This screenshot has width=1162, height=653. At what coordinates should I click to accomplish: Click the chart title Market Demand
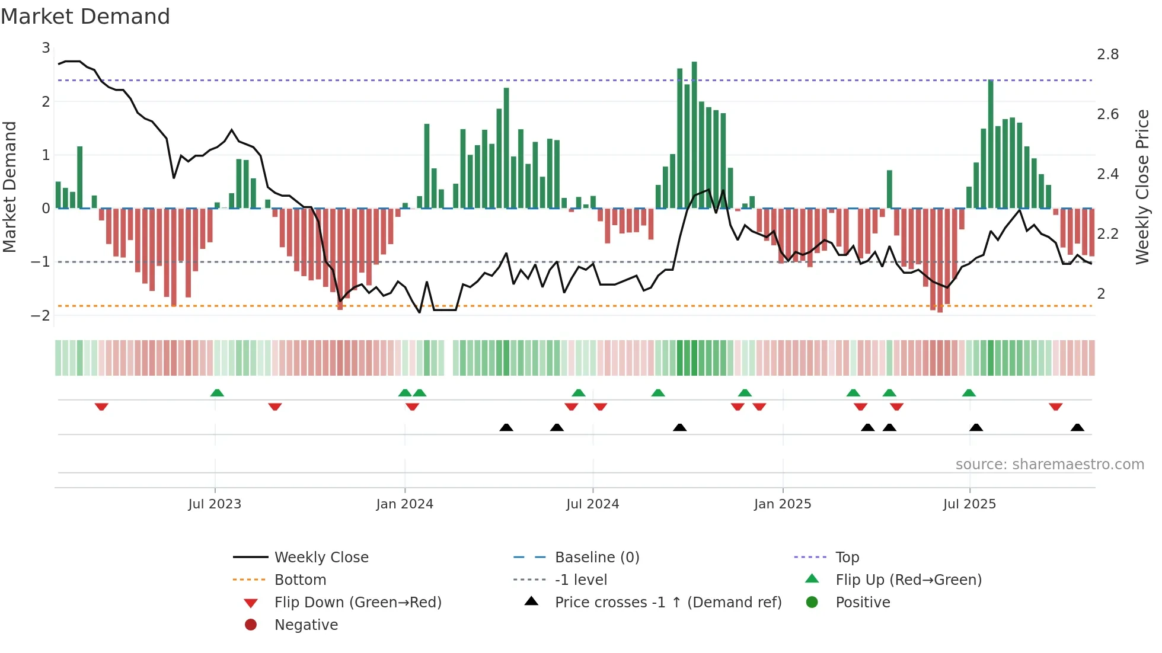click(85, 17)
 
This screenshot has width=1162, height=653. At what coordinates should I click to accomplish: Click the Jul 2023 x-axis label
click(215, 504)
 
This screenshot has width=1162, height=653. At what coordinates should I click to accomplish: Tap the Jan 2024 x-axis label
click(404, 504)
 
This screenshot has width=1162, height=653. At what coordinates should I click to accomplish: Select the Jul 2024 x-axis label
click(592, 504)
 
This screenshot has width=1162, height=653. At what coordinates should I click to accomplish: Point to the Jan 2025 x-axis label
click(782, 504)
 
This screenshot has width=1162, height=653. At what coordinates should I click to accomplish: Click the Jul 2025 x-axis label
click(969, 504)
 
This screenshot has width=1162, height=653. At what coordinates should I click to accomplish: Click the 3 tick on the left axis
click(46, 48)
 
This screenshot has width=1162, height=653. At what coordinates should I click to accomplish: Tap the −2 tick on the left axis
click(40, 315)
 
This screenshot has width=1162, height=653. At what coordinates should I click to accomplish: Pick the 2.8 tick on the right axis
click(1107, 55)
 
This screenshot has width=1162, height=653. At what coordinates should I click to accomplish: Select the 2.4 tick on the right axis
click(1107, 174)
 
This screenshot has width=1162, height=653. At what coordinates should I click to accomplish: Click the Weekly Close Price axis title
click(1142, 187)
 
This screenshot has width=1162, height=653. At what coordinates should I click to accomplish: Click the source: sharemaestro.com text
click(1049, 465)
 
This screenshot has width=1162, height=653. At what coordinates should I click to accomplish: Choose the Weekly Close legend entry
click(321, 558)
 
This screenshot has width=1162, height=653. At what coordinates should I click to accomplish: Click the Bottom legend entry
click(300, 580)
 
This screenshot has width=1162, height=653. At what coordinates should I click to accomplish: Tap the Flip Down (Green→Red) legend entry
click(357, 603)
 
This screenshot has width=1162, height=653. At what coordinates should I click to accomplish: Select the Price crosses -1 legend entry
click(668, 603)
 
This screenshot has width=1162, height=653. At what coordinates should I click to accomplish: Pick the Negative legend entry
click(306, 625)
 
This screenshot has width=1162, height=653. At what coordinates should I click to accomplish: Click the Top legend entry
click(847, 558)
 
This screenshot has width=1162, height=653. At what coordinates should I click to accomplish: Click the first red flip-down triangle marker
click(101, 406)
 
